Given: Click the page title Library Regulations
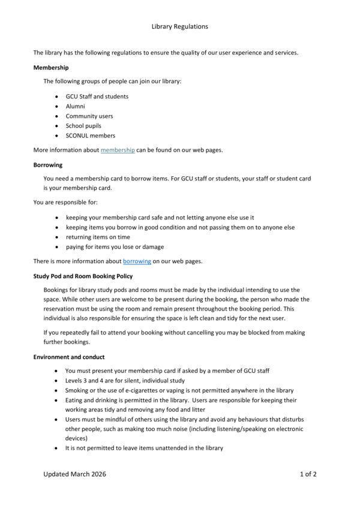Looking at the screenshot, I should click(x=180, y=26).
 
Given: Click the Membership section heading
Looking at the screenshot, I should click(x=51, y=68).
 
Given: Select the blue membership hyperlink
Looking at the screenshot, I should click(x=118, y=150).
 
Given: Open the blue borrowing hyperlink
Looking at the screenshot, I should click(x=137, y=261).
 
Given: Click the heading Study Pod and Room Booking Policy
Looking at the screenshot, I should click(x=83, y=276).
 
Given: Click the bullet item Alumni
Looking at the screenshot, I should click(x=76, y=106).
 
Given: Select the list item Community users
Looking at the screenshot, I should click(x=89, y=116).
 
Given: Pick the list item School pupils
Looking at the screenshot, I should click(x=83, y=126).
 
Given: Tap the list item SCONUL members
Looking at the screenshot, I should click(x=91, y=135).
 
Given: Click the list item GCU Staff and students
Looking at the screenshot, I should click(x=97, y=96).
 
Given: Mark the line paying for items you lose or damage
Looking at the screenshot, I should click(x=115, y=246).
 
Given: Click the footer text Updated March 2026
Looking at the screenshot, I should click(x=74, y=474).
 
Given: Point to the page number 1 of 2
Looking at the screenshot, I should click(x=308, y=474).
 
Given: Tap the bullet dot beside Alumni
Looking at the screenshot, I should click(x=56, y=106).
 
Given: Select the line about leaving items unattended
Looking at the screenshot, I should click(x=144, y=448).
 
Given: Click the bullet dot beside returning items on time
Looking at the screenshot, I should click(x=56, y=237).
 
